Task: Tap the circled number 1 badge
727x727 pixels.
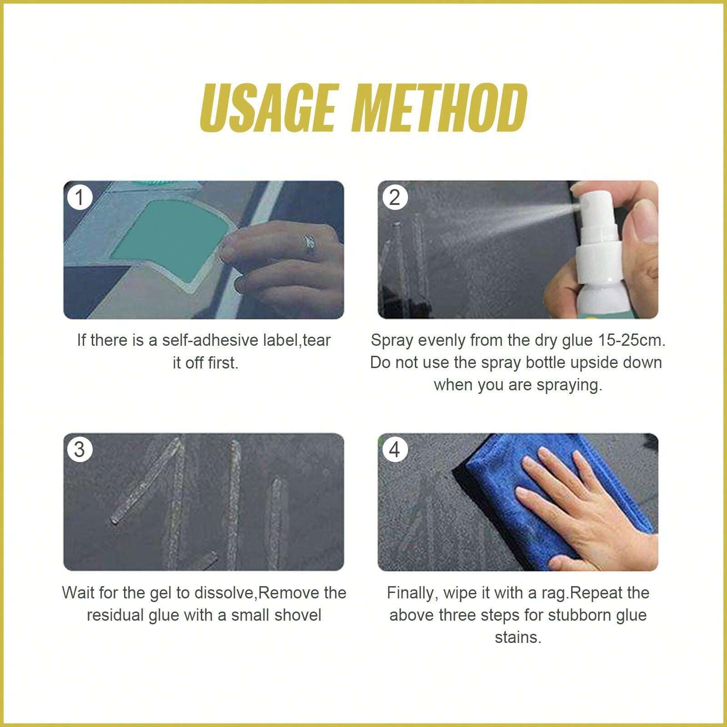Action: coord(80,197)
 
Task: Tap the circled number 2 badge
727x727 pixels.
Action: coord(394,197)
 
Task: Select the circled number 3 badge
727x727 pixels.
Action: coord(80,449)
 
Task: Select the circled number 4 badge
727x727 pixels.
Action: coord(394,449)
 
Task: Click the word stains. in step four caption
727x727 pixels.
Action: coord(518,637)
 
